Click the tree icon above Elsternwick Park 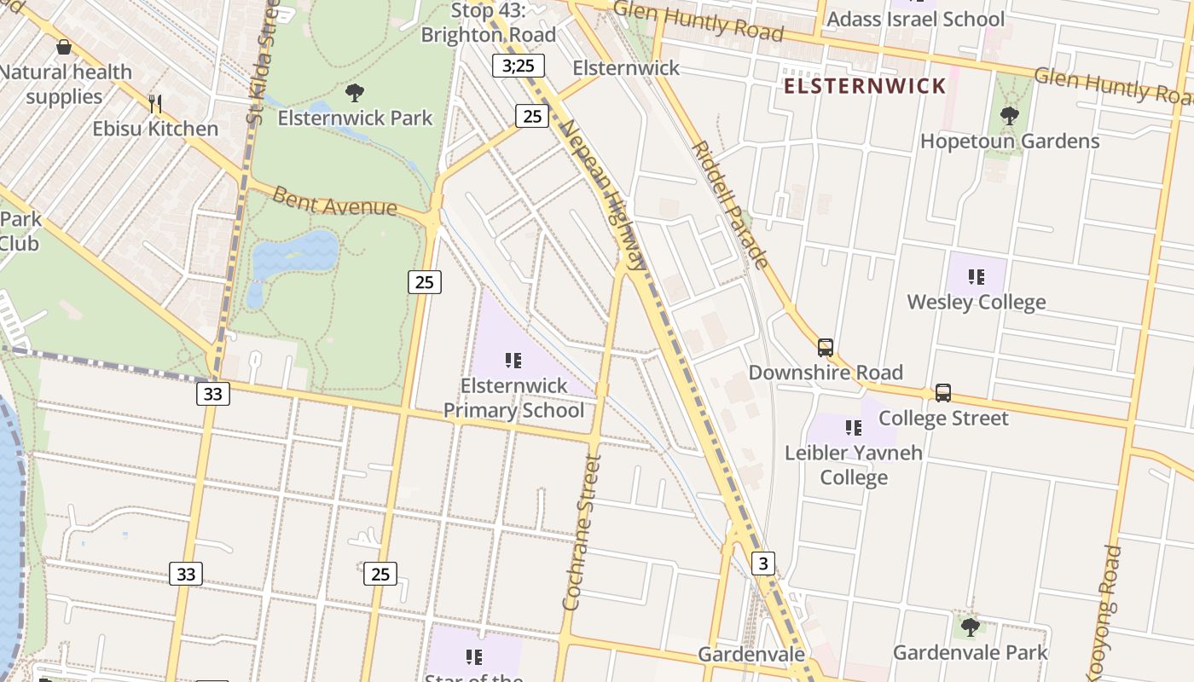tap(355, 93)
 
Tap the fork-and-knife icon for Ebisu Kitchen tap(155, 104)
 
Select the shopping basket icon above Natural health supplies tap(63, 47)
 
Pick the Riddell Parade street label tap(731, 205)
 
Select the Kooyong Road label tap(1104, 610)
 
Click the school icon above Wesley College tap(976, 277)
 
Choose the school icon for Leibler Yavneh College tap(853, 428)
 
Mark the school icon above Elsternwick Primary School tap(513, 361)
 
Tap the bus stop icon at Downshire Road tap(825, 348)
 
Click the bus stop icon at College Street tap(942, 393)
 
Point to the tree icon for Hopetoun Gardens tap(1009, 115)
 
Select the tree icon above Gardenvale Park tap(970, 627)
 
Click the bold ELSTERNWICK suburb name tap(865, 86)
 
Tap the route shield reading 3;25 tap(518, 66)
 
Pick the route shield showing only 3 tap(763, 563)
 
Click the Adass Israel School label tap(916, 19)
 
